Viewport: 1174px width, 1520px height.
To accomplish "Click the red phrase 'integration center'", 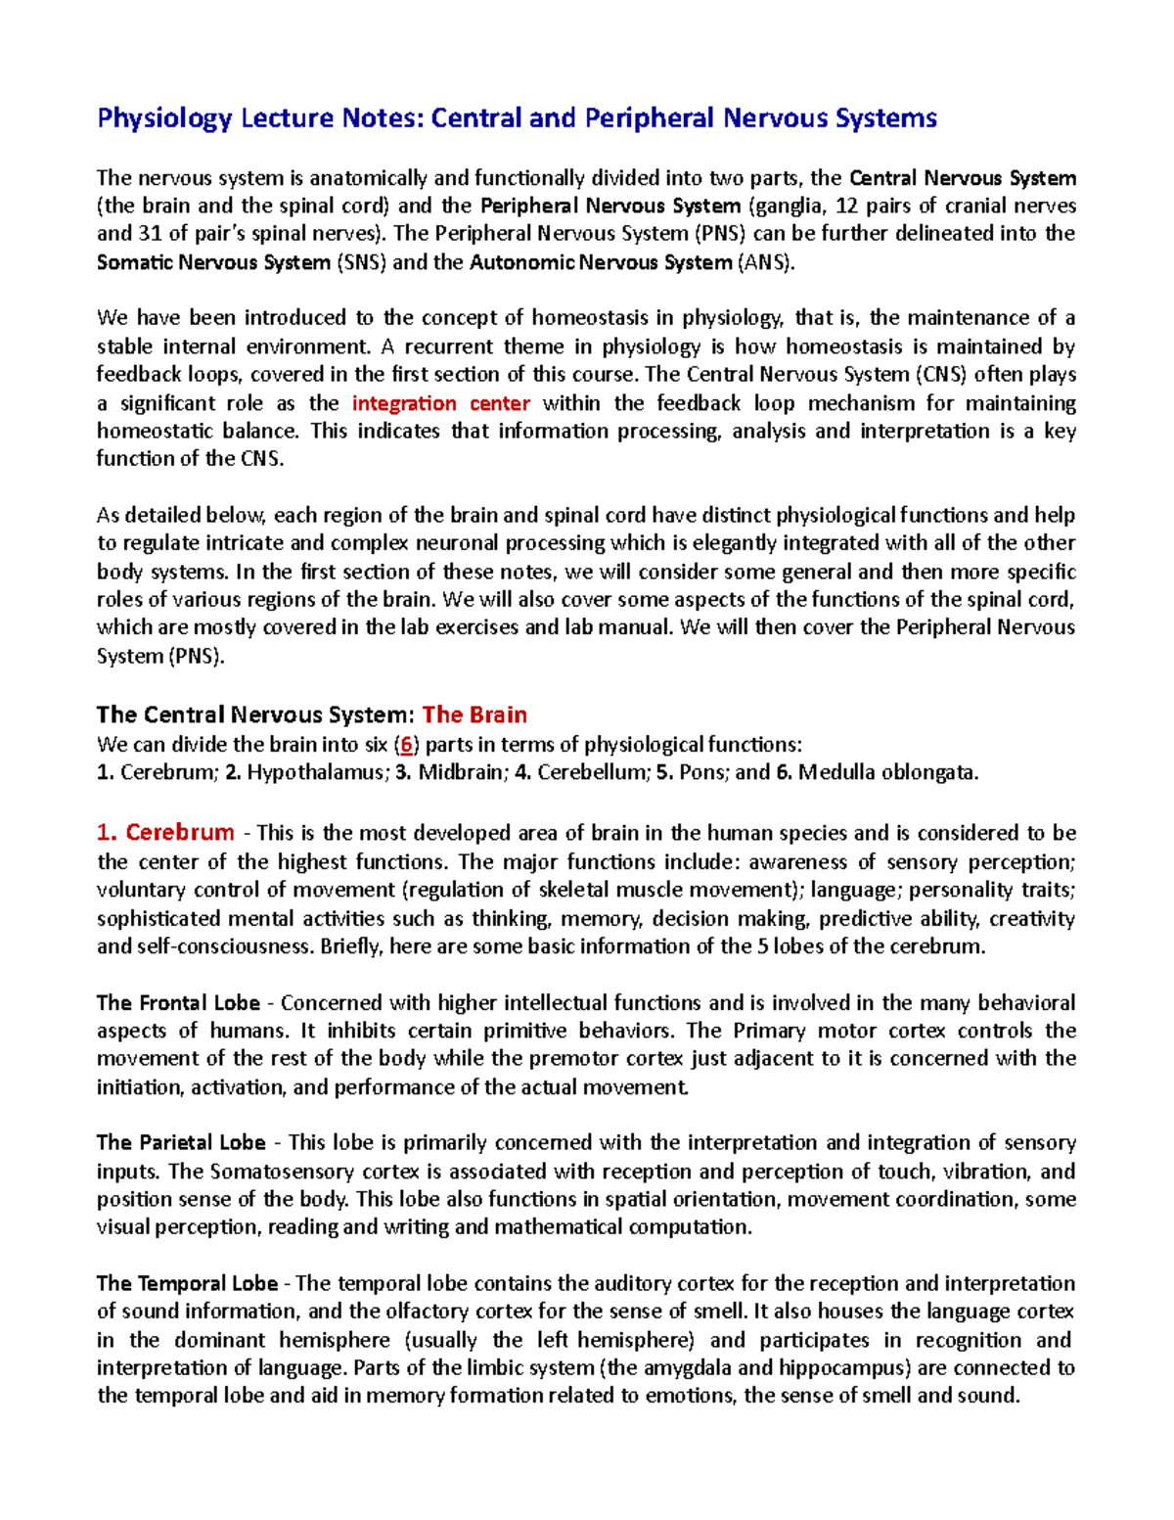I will click(440, 403).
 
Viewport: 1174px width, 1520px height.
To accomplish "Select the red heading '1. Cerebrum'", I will click(165, 833).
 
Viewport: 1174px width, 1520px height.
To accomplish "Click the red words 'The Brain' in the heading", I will click(474, 714).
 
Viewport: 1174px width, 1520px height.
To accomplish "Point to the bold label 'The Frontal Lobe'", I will click(178, 1002).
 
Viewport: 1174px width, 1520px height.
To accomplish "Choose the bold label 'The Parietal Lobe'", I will click(181, 1142).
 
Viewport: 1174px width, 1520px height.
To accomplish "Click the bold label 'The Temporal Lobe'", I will click(187, 1283).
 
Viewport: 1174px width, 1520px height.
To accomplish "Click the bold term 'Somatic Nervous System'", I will click(213, 262).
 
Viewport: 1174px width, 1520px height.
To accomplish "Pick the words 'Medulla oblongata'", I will click(887, 772).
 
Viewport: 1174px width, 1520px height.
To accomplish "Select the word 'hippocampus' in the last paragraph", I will click(858, 1367).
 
